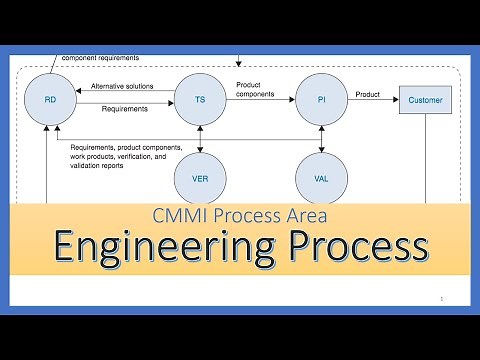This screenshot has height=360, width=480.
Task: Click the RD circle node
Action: tap(51, 100)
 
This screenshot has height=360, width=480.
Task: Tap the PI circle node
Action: tap(321, 100)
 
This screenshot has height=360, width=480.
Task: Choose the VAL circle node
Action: tap(321, 179)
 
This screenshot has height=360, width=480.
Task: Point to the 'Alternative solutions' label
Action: tap(123, 86)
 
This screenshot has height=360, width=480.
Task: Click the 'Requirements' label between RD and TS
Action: tap(124, 108)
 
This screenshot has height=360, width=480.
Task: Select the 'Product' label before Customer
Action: tap(367, 94)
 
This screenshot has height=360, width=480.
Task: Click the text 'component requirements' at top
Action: tap(100, 58)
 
